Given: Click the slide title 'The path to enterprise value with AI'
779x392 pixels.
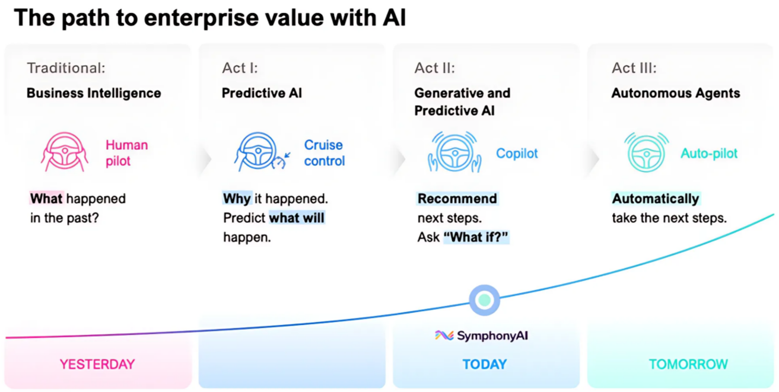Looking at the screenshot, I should [x=209, y=18].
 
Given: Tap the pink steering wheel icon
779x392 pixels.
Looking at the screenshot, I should [x=64, y=151].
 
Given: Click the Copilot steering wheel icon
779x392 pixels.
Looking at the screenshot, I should [x=454, y=152].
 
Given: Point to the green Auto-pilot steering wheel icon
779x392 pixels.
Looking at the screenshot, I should [x=647, y=151].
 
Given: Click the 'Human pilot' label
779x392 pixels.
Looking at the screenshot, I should [x=126, y=152].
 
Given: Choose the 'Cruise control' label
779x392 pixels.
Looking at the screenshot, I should [x=324, y=152].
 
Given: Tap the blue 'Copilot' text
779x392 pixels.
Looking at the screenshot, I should [x=517, y=153].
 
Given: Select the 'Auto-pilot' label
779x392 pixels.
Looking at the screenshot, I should [x=709, y=153].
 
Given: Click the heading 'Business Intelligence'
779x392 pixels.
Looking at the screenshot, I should [x=94, y=93].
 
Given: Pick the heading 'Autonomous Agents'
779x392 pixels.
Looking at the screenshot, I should [x=676, y=93].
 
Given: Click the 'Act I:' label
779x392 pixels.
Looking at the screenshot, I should [x=240, y=68].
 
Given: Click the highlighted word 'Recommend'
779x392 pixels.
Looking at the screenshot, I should [x=457, y=199].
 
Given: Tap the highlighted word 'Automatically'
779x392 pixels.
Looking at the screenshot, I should [x=655, y=199].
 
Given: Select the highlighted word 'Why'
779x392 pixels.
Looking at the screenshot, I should [x=237, y=199].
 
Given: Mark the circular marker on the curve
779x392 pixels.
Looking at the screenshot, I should [x=484, y=300].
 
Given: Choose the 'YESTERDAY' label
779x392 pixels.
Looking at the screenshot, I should [x=97, y=364].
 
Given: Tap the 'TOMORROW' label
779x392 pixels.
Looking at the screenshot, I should [x=688, y=364].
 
